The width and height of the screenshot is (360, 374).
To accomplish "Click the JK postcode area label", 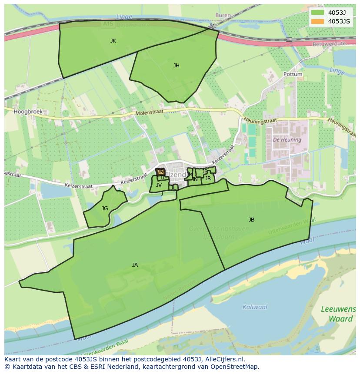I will (113, 41).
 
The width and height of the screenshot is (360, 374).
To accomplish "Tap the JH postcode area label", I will (176, 66).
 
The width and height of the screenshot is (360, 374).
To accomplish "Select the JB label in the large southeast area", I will (251, 220).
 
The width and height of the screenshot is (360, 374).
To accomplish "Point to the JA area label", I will (135, 265).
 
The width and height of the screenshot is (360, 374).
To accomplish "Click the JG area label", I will (105, 209).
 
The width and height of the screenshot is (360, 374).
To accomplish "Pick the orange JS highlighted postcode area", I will (160, 172).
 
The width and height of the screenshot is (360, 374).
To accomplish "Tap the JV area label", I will (159, 185).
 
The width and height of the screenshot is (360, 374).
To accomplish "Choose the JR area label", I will (208, 179).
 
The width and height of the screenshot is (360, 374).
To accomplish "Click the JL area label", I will (173, 188).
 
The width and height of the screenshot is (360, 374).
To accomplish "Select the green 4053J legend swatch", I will (318, 13).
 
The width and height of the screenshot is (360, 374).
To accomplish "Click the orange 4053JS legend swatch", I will (318, 21).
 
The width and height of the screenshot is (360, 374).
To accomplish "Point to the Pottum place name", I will (293, 74).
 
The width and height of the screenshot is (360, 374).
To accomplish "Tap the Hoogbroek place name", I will (28, 112).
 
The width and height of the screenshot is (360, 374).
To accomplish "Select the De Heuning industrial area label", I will (287, 140).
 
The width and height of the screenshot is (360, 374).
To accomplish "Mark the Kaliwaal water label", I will (255, 307).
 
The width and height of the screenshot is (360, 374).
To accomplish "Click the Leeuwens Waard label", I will (338, 314).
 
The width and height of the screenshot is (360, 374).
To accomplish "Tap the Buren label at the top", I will (223, 15).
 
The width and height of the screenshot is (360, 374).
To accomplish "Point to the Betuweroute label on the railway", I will (329, 44).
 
